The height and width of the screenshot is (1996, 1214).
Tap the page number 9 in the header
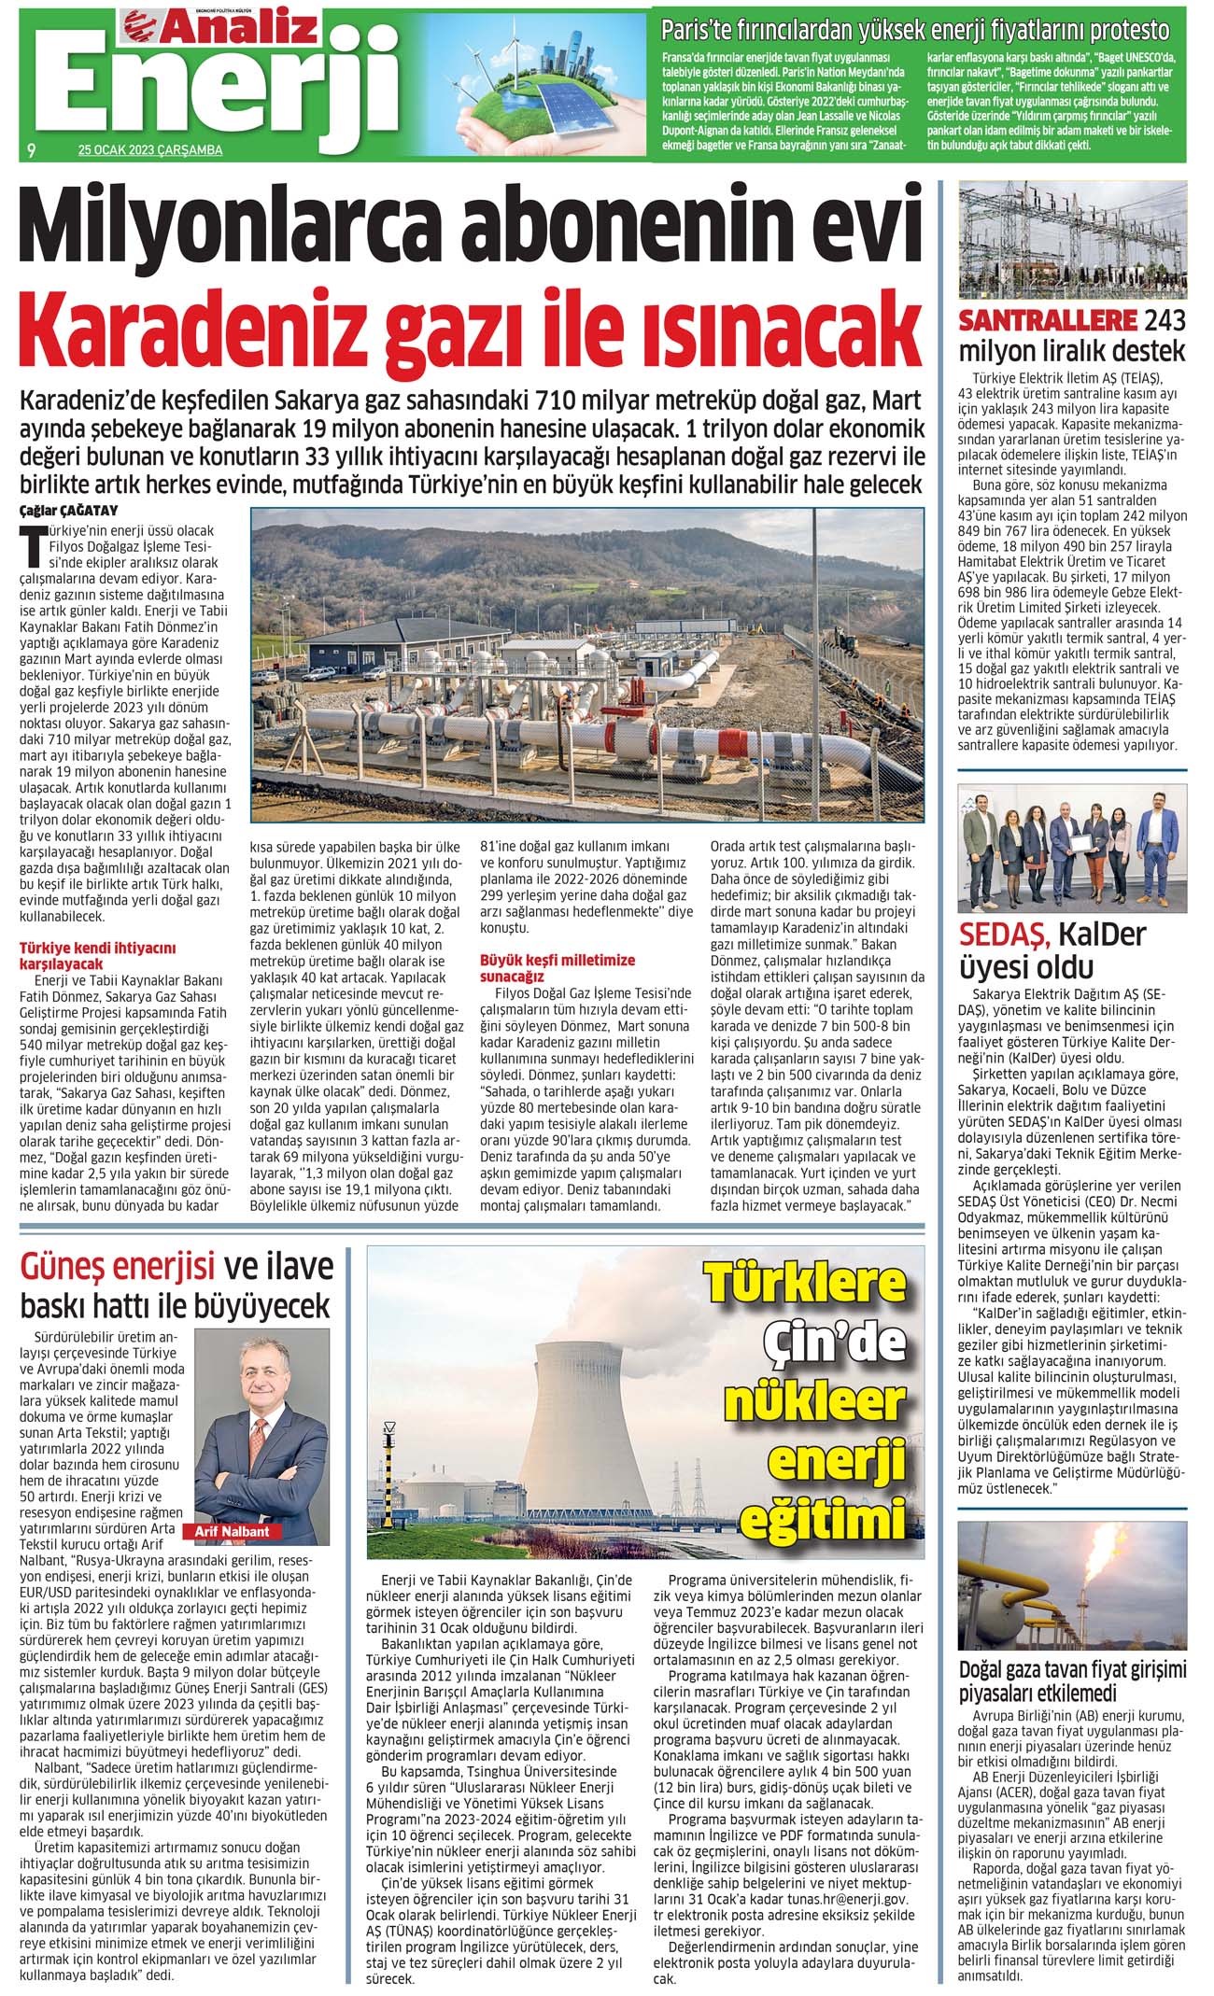click(x=32, y=149)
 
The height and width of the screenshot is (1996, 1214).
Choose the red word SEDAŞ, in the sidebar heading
click(x=1005, y=935)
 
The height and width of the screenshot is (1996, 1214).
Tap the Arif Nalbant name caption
click(x=233, y=1532)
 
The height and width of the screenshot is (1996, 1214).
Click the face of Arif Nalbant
click(x=262, y=1376)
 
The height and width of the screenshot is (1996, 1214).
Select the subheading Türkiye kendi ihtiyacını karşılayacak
click(x=98, y=955)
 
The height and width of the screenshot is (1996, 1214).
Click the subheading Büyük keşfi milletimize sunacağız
click(x=558, y=966)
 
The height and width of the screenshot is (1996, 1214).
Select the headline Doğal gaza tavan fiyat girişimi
click(x=1072, y=1668)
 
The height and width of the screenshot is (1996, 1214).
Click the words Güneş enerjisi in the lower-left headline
click(x=118, y=1267)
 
